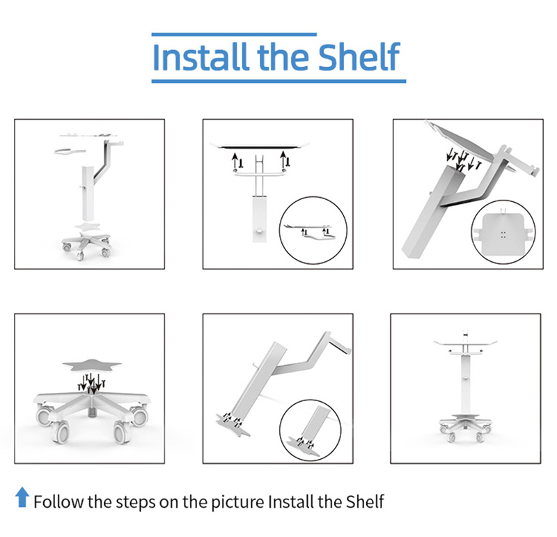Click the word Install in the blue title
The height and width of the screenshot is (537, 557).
[x=200, y=57]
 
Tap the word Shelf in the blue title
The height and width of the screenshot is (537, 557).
[x=359, y=57]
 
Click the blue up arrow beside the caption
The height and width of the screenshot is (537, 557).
[x=22, y=497]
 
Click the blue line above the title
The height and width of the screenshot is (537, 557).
[x=234, y=34]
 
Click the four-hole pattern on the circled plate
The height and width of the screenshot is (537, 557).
[x=503, y=234]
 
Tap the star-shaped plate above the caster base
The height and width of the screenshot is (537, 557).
[x=92, y=366]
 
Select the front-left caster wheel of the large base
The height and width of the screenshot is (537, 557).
[x=61, y=433]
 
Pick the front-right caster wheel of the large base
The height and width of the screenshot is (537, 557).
[x=121, y=432]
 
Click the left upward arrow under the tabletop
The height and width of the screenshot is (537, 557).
[x=235, y=161]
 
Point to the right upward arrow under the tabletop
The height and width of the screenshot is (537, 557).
[x=283, y=159]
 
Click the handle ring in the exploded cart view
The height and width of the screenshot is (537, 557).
[x=69, y=152]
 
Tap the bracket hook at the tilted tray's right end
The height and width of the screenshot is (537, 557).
[x=532, y=171]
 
